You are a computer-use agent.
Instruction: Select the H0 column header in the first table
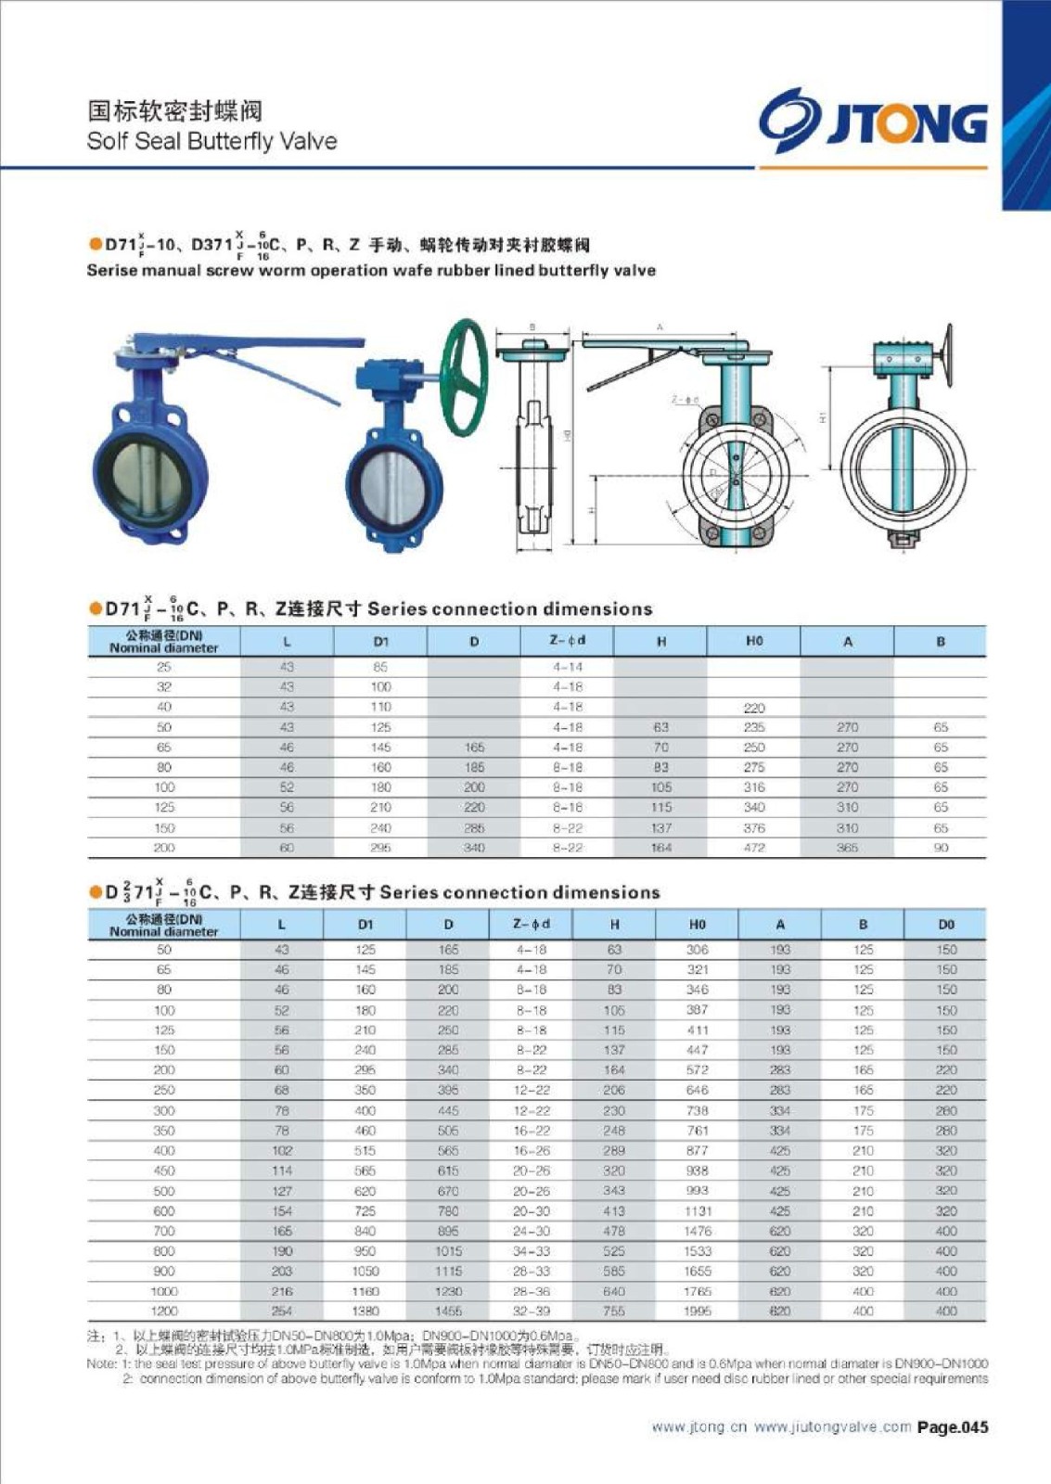coord(754,641)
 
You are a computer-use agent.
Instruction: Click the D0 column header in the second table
coord(945,924)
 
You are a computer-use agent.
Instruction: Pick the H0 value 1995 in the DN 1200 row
coord(698,1311)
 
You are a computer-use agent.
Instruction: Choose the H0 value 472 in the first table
coord(754,848)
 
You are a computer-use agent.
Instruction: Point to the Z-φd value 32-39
coord(531,1311)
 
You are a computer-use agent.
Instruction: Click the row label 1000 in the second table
coord(164,1291)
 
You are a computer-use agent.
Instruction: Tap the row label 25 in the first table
coord(164,667)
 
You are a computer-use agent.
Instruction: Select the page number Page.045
coord(953,1427)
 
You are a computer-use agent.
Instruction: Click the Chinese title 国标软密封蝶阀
coord(175,111)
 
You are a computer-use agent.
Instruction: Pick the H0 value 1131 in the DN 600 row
coord(698,1210)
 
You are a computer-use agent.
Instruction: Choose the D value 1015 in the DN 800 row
coord(448,1251)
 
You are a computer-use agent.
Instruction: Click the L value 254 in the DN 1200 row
coord(282,1311)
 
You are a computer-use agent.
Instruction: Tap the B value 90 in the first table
coord(941,848)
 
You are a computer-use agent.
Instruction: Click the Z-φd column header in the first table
coord(568,641)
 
